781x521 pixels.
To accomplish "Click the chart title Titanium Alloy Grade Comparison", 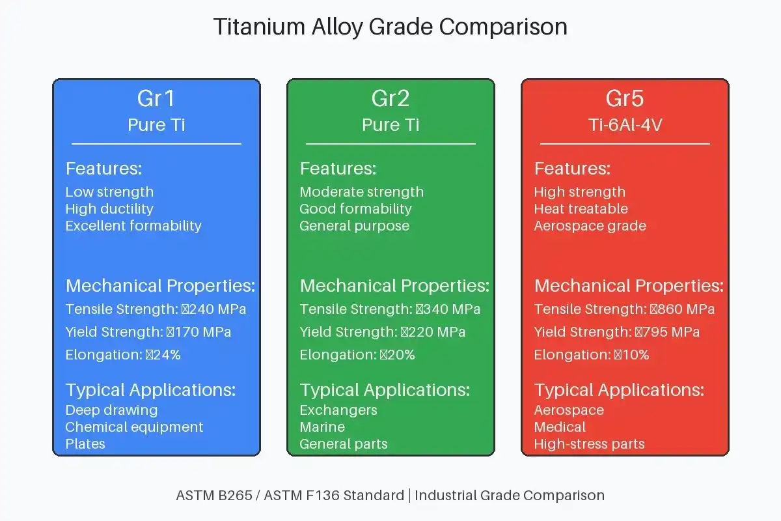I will [x=390, y=27].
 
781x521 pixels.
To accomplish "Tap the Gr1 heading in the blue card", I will [x=156, y=98].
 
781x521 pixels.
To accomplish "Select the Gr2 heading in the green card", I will [x=390, y=98].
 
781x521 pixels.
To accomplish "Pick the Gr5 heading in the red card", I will [x=625, y=98].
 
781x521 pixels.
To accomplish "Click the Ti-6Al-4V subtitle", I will [x=625, y=125].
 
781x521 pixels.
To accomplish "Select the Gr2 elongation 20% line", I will [x=357, y=355].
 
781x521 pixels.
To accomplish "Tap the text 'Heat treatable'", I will [x=581, y=209].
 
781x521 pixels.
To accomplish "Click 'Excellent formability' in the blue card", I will [x=133, y=226].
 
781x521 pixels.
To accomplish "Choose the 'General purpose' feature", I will [x=354, y=226].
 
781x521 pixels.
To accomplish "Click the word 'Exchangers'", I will [x=338, y=410].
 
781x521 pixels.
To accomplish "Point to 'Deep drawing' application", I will [x=111, y=410].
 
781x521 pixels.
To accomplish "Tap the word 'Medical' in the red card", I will [x=560, y=427].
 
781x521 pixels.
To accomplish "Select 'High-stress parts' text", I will [x=589, y=444].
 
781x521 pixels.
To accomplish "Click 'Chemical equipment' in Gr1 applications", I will [x=134, y=427].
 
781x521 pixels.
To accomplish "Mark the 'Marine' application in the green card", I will [x=322, y=427].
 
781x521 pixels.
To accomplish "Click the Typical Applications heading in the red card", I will [x=619, y=390].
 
